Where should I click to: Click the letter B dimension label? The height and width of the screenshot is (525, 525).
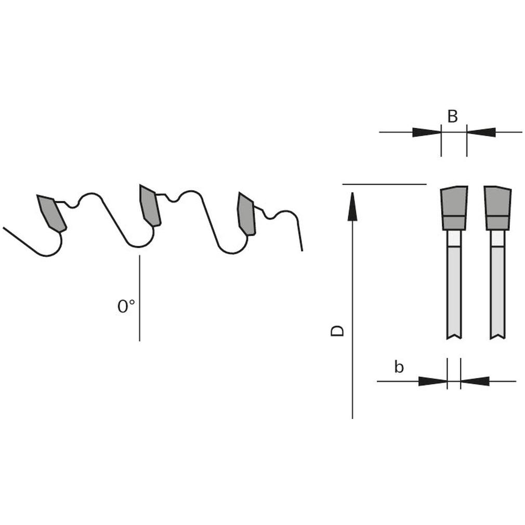[452, 116]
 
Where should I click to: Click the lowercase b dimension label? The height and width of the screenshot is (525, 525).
[399, 366]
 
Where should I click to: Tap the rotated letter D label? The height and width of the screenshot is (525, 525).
[337, 331]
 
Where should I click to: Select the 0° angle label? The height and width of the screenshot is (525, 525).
[126, 306]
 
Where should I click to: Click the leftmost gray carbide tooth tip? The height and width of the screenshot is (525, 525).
[51, 213]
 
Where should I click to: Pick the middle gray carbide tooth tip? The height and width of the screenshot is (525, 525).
[150, 205]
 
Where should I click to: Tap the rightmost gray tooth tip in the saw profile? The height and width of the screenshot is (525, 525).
[246, 214]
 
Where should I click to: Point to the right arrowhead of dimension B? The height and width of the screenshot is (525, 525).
[481, 132]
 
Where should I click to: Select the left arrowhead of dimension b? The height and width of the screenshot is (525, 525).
[433, 381]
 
